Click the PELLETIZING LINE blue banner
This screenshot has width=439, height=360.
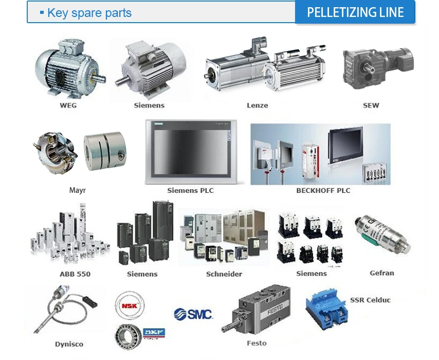(355, 12)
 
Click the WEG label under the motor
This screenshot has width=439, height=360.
(68, 105)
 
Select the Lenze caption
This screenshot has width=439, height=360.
(257, 105)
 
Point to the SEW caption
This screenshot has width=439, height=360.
(371, 105)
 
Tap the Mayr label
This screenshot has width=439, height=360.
(77, 190)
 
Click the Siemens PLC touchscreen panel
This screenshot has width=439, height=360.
(191, 152)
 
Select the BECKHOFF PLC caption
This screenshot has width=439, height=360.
(323, 190)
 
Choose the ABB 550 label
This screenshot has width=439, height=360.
(75, 274)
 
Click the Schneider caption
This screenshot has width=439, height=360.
(224, 274)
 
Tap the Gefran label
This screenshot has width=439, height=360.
(382, 273)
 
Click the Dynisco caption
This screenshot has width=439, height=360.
(69, 344)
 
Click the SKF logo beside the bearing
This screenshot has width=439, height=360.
(153, 333)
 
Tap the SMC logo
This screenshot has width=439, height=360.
(193, 314)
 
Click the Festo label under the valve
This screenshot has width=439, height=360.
(257, 343)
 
